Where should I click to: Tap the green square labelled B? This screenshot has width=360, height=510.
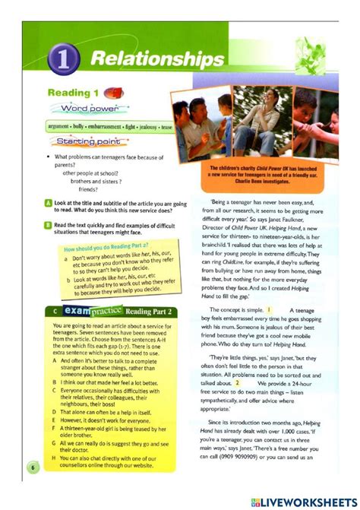tap(47, 225)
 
